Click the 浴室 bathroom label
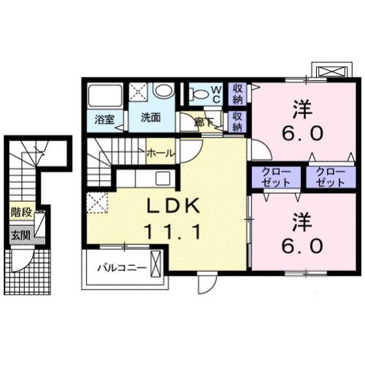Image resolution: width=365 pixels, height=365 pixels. tap(103, 119)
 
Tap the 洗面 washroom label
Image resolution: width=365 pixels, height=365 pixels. tap(151, 117)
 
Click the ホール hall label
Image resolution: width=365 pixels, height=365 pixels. tap(160, 154)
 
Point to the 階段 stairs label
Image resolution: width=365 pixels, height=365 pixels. tap(20, 213)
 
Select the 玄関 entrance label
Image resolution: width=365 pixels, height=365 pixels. tap(20, 235)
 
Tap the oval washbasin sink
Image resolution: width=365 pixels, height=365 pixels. tap(165, 91)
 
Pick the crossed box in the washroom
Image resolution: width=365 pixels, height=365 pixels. tap(138, 91)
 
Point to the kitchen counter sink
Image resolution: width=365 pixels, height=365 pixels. tap(162, 178)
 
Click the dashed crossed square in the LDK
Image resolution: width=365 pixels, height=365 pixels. tap(97, 202)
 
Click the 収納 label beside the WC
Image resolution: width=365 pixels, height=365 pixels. tap(238, 93)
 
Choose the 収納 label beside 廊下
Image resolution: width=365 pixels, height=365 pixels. tap(238, 120)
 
